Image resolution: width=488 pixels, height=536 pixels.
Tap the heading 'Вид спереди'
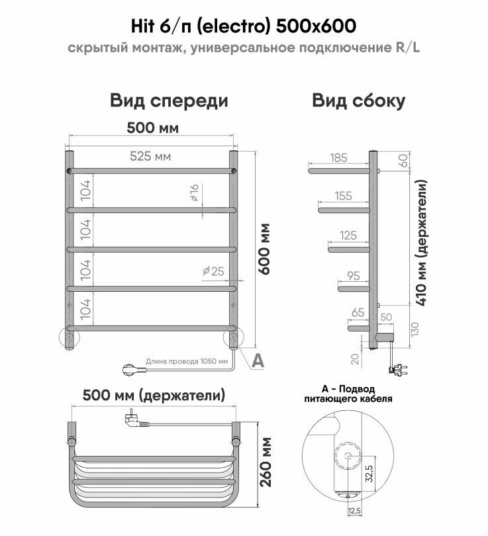[170, 101]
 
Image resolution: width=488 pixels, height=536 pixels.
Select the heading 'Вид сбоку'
[359, 101]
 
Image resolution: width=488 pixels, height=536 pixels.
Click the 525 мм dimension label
[150, 157]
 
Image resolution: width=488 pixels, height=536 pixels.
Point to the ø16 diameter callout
[193, 193]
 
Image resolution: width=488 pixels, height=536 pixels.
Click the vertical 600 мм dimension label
[265, 251]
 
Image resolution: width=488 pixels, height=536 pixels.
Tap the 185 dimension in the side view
[338, 157]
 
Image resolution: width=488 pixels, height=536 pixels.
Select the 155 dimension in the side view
[343, 197]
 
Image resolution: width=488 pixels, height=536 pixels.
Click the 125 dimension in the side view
[348, 235]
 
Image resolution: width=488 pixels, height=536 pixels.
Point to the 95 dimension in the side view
[352, 275]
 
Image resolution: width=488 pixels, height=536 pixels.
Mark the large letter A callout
[258, 360]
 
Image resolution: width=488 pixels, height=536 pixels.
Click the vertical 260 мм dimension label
[266, 462]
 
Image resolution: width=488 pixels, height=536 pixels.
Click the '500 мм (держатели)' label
[153, 395]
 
